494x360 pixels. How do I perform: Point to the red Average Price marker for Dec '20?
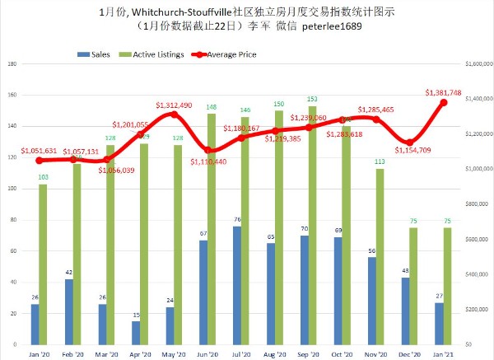tap(410, 142)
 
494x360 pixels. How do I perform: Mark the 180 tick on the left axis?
tap(11, 63)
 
